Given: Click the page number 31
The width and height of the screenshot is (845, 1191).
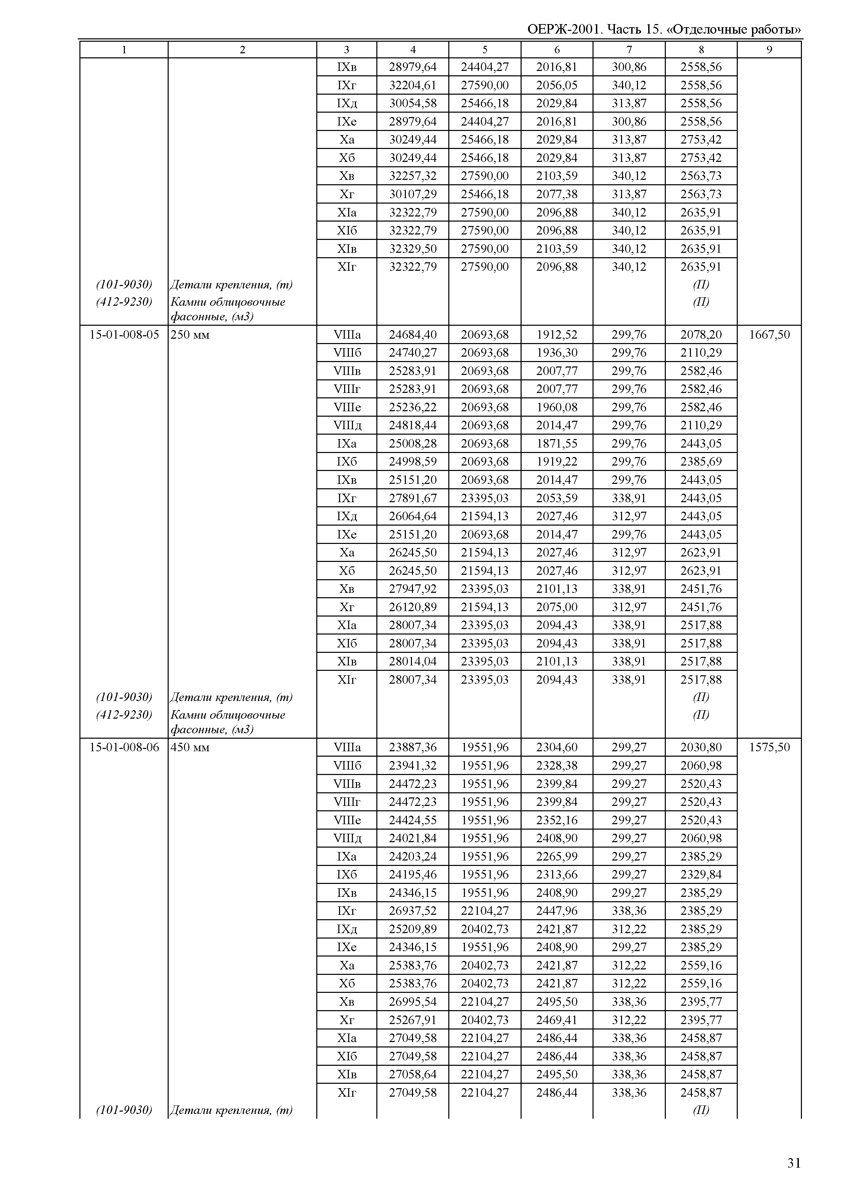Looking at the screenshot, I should coord(793,1163).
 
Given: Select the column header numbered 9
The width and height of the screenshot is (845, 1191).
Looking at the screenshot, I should coord(769,50).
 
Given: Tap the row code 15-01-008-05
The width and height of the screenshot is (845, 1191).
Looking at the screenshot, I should coord(124,335).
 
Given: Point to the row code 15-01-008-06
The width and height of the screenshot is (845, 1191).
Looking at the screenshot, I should coord(124,747).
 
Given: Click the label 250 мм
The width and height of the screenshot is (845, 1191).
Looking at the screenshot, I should coord(190,335).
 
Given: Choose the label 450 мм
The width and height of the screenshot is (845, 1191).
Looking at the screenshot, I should coord(190,747).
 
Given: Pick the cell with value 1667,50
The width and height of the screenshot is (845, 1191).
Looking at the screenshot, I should coord(769,335).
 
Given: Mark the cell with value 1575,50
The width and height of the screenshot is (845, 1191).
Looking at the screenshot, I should coord(769,747).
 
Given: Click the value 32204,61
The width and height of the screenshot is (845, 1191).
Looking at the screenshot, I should coord(413,85).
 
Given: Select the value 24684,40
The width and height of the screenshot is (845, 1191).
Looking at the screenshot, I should coord(413,335).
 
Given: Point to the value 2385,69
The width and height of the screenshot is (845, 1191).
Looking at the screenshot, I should coord(701,461).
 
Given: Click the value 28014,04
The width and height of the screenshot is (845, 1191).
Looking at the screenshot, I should coord(413,661).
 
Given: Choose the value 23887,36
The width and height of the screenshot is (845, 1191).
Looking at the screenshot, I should coord(413,747).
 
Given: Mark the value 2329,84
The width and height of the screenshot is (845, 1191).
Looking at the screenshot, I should coord(701,874).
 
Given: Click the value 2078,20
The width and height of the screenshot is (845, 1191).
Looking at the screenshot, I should coord(701,335).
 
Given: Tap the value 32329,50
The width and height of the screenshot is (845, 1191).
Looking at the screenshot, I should coord(413,248).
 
